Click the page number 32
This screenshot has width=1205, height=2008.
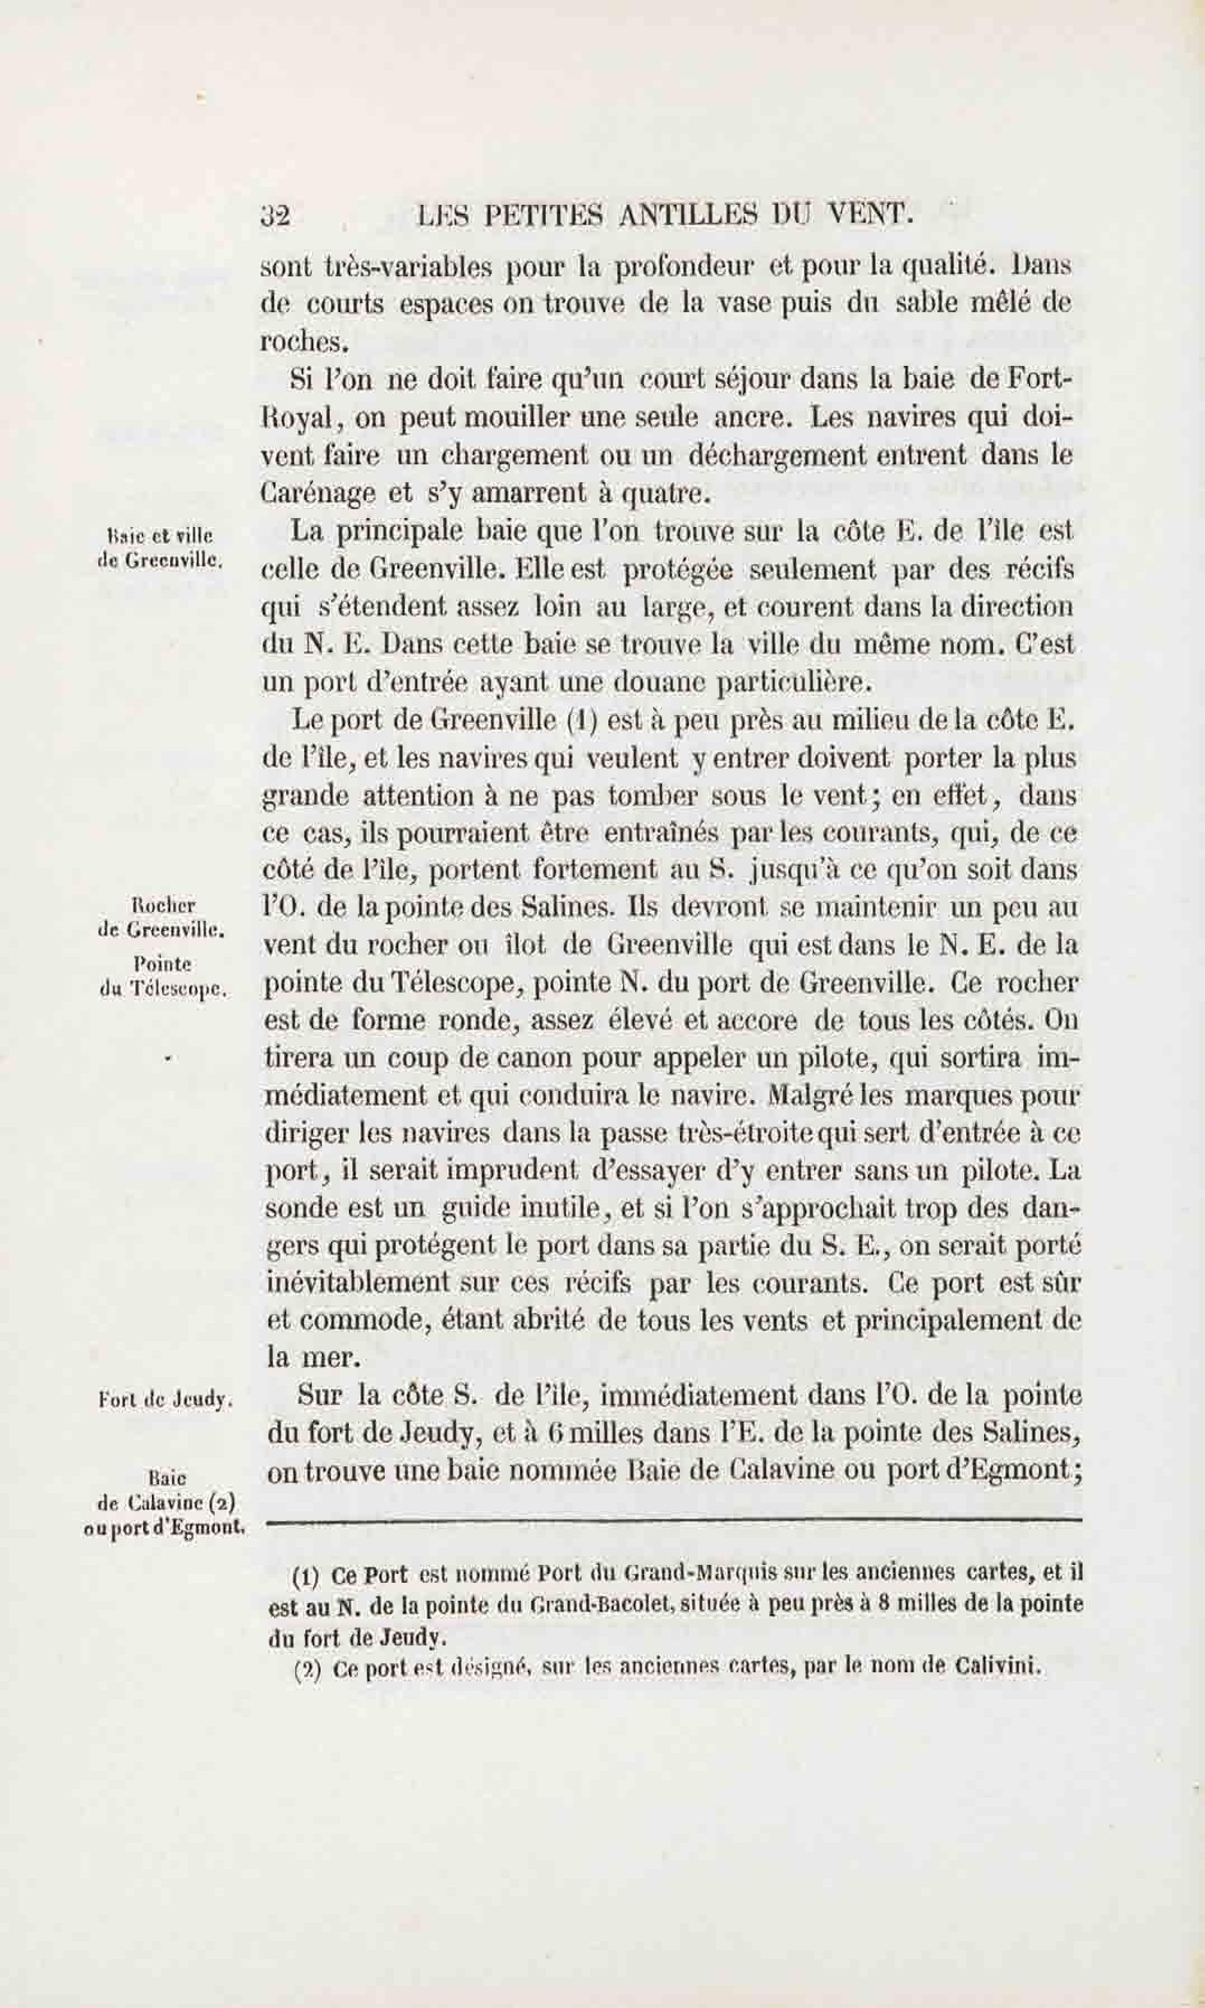(x=275, y=216)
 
